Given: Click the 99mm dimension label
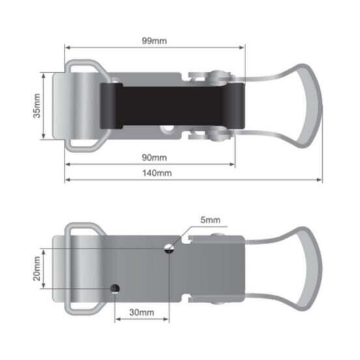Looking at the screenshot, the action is [154, 41].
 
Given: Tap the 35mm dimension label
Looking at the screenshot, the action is [36, 106].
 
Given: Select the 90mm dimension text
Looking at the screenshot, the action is [154, 158].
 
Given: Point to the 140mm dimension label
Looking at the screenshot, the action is [157, 173].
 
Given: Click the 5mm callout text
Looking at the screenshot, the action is [210, 220].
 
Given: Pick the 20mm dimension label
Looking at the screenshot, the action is [36, 269].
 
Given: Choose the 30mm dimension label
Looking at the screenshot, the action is [142, 312].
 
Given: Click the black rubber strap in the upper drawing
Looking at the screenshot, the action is [173, 106].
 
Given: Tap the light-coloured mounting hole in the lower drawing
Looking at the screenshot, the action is [169, 249].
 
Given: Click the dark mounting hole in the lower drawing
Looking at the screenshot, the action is [115, 288].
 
